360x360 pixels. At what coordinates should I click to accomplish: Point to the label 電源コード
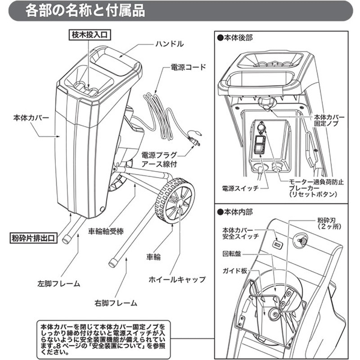(x=189, y=67)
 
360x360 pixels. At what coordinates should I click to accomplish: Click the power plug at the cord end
(x=195, y=138)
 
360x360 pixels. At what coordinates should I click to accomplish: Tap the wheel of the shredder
(x=175, y=202)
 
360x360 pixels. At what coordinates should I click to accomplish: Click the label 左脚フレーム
(x=58, y=284)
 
